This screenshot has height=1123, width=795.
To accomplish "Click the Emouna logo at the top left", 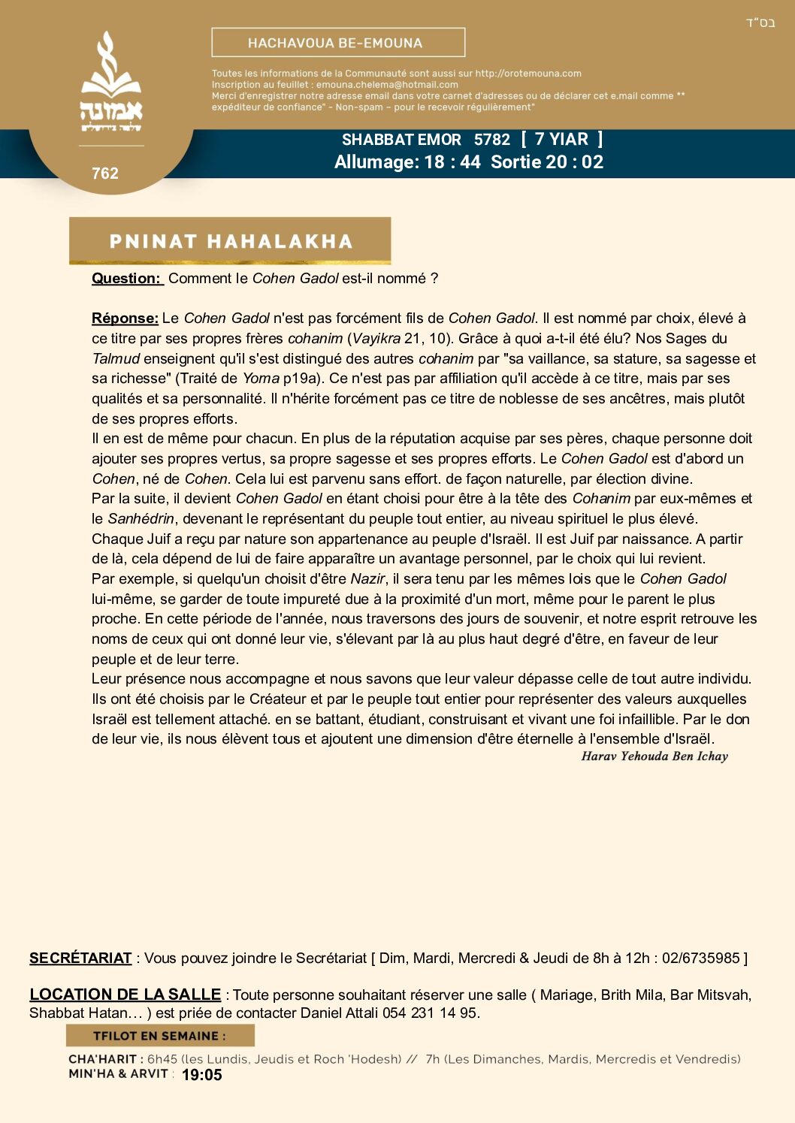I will pyautogui.click(x=111, y=83).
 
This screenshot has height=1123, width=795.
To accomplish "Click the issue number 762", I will pyautogui.click(x=105, y=174).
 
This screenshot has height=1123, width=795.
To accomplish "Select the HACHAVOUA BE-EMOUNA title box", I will pyautogui.click(x=338, y=43).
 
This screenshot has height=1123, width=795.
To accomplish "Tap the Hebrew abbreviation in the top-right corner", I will pyautogui.click(x=760, y=23).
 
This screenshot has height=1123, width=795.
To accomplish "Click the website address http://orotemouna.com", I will pyautogui.click(x=528, y=74).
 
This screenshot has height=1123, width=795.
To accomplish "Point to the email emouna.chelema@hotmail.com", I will pyautogui.click(x=387, y=85).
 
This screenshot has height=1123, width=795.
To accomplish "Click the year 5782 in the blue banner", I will pyautogui.click(x=492, y=140).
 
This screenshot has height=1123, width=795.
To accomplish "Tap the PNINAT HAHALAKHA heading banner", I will pyautogui.click(x=230, y=241).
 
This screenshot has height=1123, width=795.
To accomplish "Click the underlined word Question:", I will pyautogui.click(x=126, y=279).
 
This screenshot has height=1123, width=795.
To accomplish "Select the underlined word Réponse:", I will pyautogui.click(x=125, y=318).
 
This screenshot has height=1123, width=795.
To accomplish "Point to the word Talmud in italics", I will pyautogui.click(x=116, y=359).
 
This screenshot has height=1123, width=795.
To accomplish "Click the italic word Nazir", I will pyautogui.click(x=367, y=579).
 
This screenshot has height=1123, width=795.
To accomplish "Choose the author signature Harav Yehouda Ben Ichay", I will pyautogui.click(x=654, y=756).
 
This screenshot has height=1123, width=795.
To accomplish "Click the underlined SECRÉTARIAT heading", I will pyautogui.click(x=80, y=958).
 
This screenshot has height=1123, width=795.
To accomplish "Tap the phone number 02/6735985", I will pyautogui.click(x=701, y=958).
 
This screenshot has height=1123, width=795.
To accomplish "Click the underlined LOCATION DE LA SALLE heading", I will pyautogui.click(x=125, y=995).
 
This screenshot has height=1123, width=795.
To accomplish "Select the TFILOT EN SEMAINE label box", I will pyautogui.click(x=160, y=1036).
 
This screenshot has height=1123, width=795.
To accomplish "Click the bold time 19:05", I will pyautogui.click(x=202, y=1075).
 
